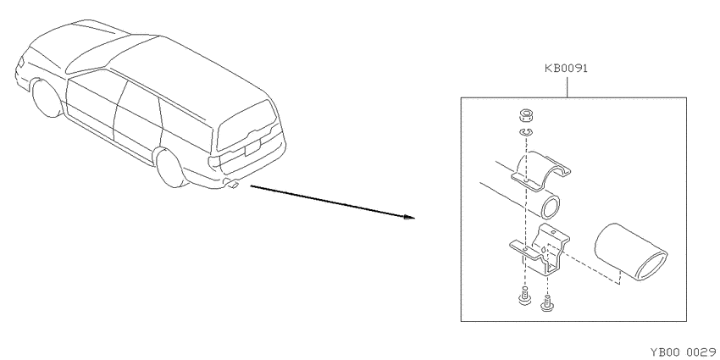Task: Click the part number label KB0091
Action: pos(566,69)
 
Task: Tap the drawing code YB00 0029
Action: pos(684,352)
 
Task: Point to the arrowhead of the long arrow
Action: pos(409,217)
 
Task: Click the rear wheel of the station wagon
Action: pos(170,168)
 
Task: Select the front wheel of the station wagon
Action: pos(46,98)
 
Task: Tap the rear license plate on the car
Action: pos(252,147)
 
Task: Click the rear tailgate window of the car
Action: pos(247,124)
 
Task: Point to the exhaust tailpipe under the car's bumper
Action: pos(231,184)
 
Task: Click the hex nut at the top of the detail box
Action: pos(525,116)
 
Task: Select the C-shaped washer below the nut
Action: pos(525,133)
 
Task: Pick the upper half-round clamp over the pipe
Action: pos(541,170)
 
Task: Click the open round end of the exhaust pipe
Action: pos(550,207)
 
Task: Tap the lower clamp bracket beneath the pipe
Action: pos(540,249)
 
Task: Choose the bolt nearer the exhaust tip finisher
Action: pos(546,303)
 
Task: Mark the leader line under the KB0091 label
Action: pos(567,87)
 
